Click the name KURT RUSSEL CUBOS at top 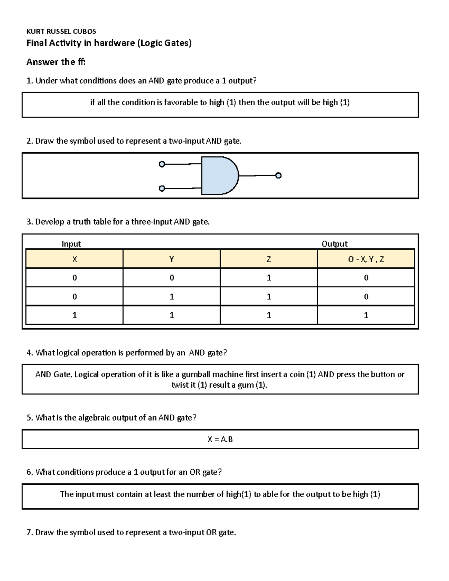tap(61, 31)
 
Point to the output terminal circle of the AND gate tap(278, 175)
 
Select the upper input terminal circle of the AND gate tap(162, 164)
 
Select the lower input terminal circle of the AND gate tap(162, 189)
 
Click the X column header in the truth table tap(74, 259)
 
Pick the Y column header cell tap(171, 259)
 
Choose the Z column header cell tap(269, 259)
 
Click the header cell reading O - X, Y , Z tap(366, 259)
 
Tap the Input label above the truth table tap(71, 244)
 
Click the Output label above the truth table tap(335, 244)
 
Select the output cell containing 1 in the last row tap(366, 315)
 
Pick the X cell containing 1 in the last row tap(74, 315)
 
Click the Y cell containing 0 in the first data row tap(171, 278)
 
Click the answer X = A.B tap(220, 439)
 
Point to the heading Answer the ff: tap(56, 62)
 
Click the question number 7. tap(30, 532)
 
